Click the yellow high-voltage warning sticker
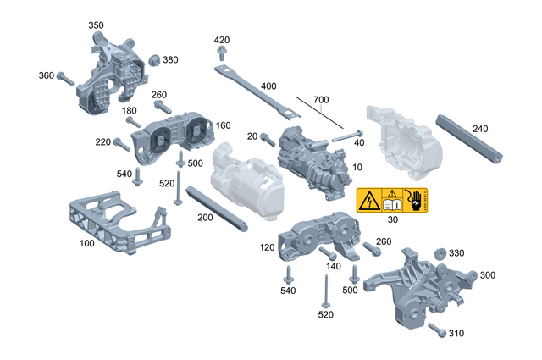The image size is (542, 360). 391,201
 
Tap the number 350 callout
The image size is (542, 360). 96,25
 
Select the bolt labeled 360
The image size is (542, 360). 69,79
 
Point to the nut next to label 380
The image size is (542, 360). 154,59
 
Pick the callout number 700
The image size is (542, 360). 320,101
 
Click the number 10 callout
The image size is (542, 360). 357,168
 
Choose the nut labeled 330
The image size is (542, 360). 440,254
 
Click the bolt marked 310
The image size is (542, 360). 437,329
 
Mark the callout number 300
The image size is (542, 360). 489,275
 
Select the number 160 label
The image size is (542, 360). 223,125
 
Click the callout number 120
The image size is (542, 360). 268,248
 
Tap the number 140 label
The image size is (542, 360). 333,265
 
